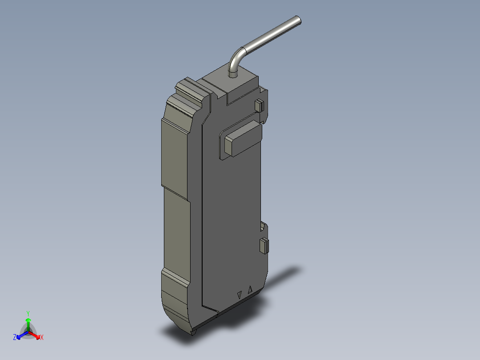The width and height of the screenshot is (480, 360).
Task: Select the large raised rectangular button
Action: [243, 138]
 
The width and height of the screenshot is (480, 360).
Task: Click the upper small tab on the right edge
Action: [258, 106]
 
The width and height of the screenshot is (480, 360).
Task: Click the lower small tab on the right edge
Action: [264, 245]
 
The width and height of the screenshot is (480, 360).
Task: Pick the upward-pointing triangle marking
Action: [250, 289]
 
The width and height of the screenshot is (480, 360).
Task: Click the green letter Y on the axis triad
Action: [28, 313]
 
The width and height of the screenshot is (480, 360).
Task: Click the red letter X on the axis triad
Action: [42, 338]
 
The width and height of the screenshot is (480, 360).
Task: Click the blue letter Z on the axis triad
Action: [15, 338]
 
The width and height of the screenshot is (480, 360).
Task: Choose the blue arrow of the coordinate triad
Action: [20, 335]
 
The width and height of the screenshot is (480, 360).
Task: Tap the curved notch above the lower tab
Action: [264, 227]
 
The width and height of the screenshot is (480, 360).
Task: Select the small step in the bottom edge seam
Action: [217, 312]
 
